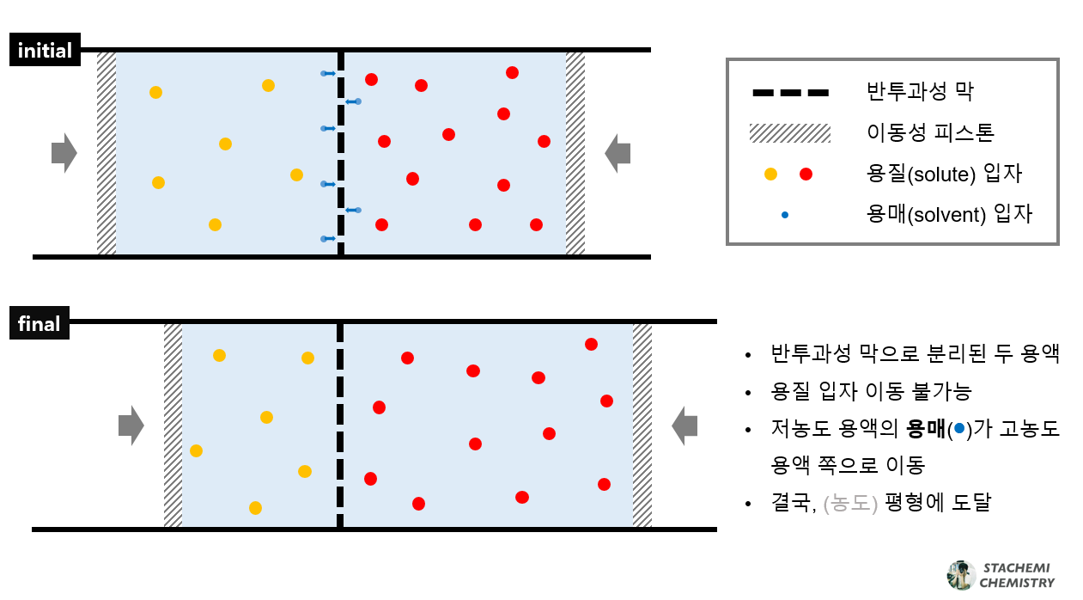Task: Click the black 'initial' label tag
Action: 45,51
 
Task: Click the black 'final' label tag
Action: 40,324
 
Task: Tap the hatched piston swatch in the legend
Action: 789,133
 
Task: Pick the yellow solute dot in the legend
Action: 770,174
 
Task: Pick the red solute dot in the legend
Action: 806,174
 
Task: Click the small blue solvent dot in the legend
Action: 785,214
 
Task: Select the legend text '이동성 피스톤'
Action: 931,133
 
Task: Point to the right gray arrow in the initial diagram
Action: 618,153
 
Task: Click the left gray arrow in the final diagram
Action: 131,426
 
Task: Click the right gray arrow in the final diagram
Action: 684,426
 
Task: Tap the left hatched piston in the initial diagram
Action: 106,153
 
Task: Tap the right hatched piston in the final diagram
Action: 642,426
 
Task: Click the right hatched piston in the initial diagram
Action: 575,153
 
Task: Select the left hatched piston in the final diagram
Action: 173,426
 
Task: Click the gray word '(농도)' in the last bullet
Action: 849,503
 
